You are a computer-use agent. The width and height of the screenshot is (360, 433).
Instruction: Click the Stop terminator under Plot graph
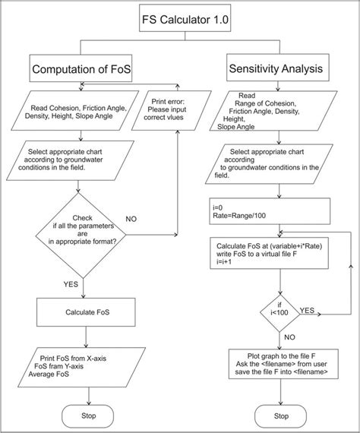point(281,416)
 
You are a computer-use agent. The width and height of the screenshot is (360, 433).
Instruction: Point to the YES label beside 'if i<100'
point(308,311)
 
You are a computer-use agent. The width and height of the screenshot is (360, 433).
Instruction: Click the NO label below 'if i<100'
point(289,337)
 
